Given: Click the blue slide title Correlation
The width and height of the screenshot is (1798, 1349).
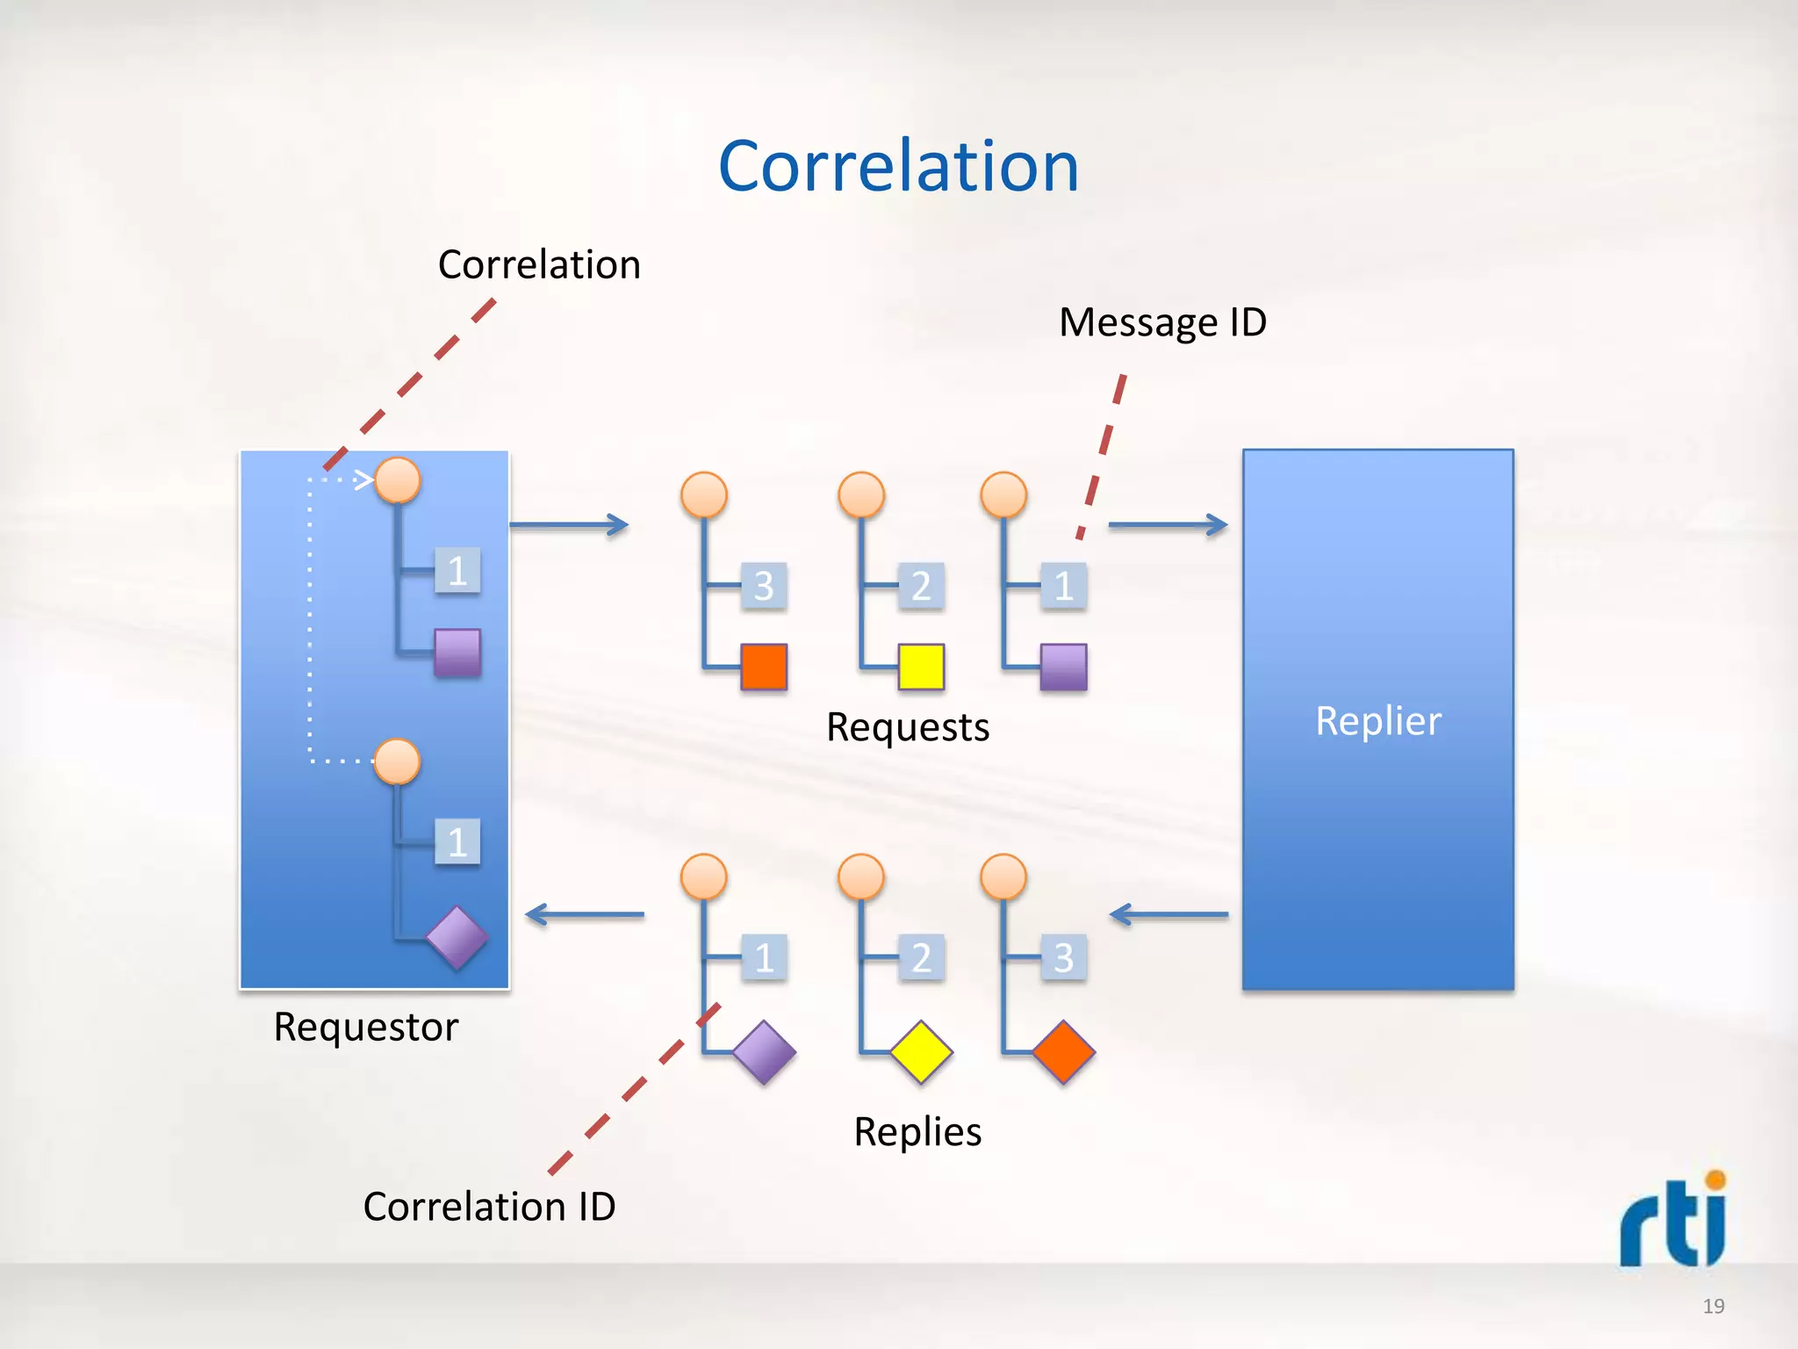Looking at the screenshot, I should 898,167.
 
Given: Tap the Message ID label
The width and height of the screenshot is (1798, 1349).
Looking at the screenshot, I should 1162,322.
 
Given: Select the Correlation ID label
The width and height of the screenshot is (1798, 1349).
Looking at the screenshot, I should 489,1206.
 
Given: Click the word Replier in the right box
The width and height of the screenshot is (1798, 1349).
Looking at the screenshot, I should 1377,721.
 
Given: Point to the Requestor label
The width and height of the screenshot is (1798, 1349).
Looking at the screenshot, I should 365,1027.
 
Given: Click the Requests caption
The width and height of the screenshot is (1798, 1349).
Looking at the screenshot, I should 908,727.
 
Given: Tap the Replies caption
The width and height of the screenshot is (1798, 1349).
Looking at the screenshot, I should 917,1131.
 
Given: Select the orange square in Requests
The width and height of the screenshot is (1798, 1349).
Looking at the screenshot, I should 763,667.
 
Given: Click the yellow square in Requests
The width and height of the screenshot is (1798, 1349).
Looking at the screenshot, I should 921,667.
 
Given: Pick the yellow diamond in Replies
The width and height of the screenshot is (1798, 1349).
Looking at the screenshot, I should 921,1051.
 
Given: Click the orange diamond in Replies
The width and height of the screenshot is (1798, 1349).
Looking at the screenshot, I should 1063,1051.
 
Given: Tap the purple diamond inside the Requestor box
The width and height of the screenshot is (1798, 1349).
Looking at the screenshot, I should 457,938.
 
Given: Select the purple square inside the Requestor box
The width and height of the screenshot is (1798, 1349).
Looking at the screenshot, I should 457,653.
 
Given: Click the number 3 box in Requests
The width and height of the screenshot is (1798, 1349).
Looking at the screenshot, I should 764,586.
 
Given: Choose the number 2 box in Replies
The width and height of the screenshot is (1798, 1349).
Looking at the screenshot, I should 921,957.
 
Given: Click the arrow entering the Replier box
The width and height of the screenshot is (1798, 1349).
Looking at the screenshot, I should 1168,525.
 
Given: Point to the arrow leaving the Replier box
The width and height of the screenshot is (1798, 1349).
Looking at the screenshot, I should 1168,915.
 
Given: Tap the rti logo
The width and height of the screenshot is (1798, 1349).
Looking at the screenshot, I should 1673,1221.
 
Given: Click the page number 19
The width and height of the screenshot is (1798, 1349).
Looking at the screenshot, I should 1713,1306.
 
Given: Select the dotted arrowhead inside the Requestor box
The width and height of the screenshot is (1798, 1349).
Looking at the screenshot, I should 363,480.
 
